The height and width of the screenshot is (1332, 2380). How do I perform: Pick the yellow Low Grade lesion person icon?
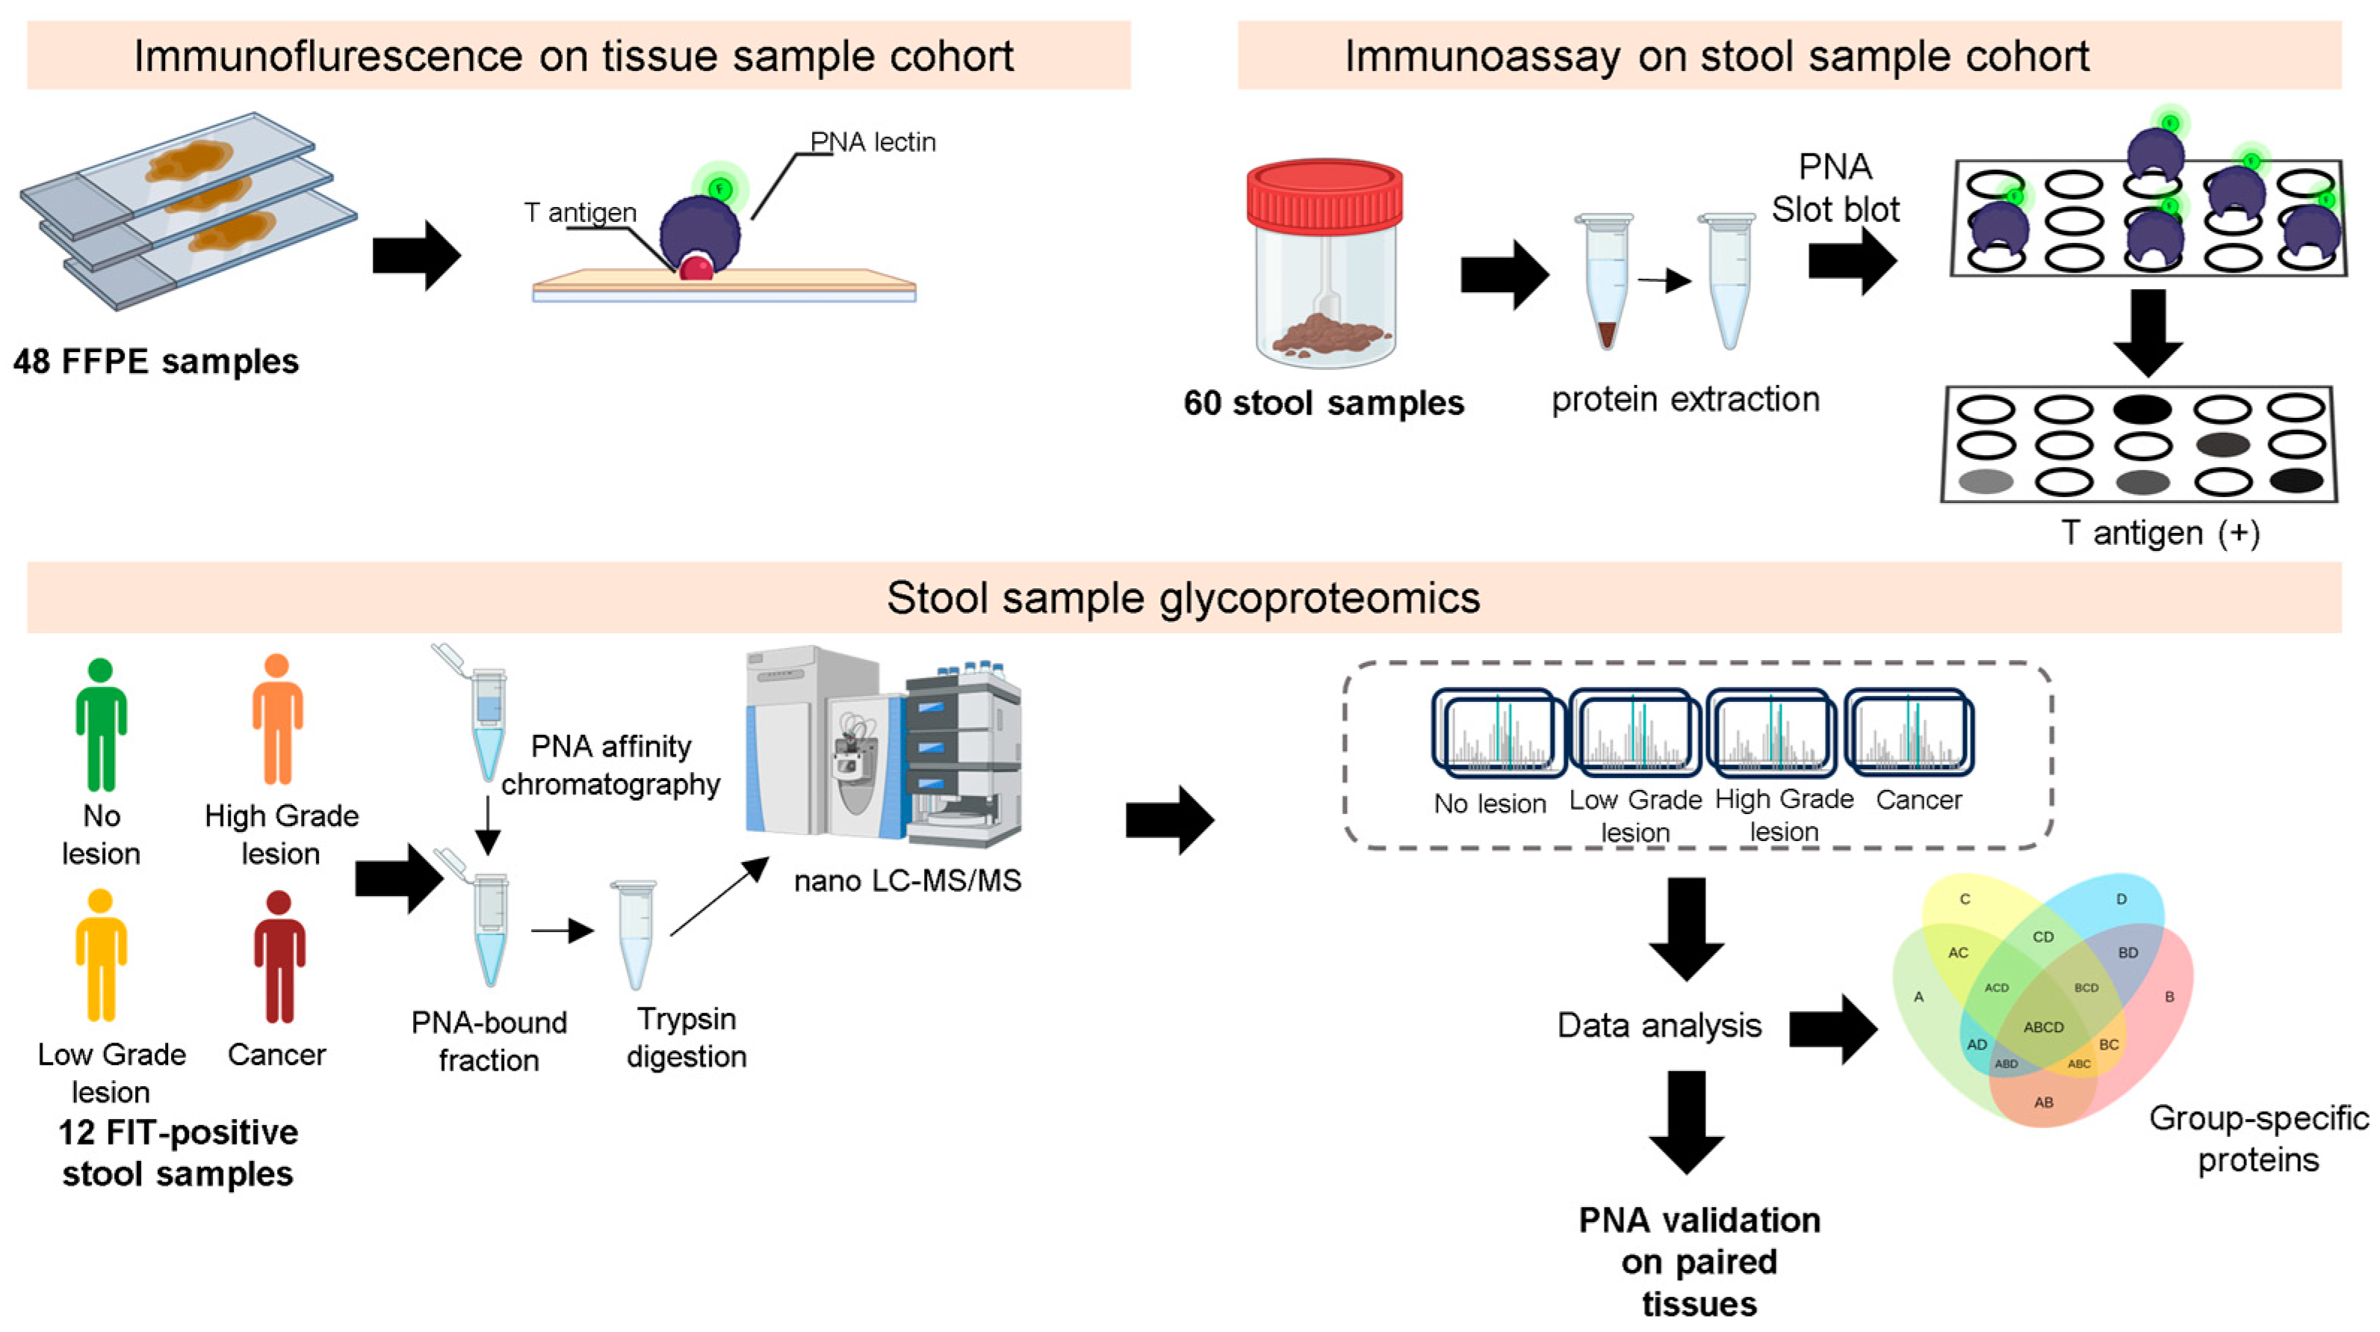[x=101, y=956]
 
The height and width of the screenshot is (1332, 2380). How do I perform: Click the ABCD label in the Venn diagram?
[x=2043, y=1027]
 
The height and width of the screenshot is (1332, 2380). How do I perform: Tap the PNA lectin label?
[x=873, y=142]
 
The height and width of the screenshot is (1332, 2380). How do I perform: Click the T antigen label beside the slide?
[x=580, y=212]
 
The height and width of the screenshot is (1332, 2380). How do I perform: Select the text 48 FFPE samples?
[x=156, y=362]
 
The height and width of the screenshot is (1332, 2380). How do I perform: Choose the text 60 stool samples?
[x=1323, y=403]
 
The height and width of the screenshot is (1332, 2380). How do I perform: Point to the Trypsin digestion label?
[x=687, y=1037]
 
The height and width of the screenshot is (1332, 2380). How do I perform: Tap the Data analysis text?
[x=1658, y=1025]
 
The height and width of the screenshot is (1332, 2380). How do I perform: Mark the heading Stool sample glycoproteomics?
[x=1183, y=598]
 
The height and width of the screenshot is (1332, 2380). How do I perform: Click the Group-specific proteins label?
[x=2258, y=1139]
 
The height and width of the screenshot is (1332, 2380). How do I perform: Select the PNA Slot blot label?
[x=1835, y=188]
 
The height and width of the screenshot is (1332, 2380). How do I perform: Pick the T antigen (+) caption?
[x=2160, y=534]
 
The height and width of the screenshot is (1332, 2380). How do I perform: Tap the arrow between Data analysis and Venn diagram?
[x=1833, y=1029]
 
